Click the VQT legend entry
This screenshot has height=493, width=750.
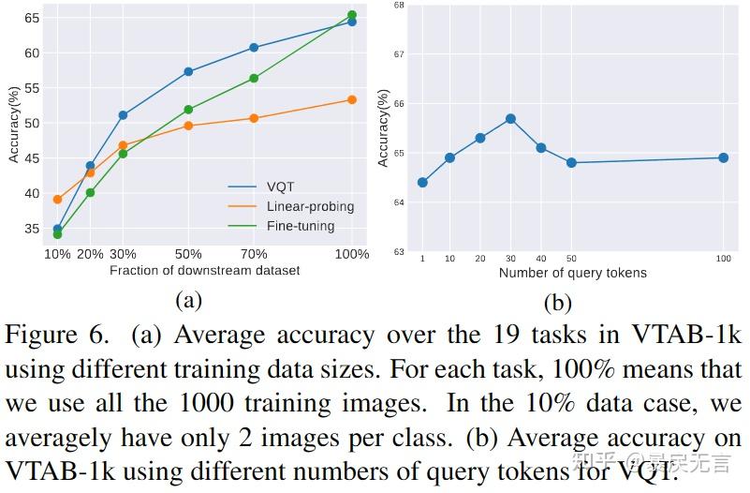coord(280,187)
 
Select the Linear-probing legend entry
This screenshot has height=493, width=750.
coord(310,206)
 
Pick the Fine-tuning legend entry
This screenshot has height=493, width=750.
coord(300,226)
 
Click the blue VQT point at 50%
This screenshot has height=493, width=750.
coord(188,71)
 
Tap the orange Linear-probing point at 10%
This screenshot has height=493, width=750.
coord(57,199)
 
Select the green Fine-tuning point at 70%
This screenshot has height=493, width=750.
coord(254,79)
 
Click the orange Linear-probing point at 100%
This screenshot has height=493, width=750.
coord(352,99)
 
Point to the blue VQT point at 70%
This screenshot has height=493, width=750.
coord(254,48)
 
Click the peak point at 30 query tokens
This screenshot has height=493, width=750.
coord(510,119)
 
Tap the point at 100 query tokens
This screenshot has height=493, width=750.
coord(723,157)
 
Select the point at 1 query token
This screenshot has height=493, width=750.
coord(422,182)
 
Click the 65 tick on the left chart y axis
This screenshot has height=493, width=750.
coord(32,18)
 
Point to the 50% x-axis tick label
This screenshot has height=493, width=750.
coord(188,254)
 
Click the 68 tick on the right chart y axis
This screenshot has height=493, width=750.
coord(399,5)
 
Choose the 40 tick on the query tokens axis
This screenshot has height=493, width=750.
coord(540,258)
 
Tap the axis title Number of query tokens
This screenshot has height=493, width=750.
coord(572,273)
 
